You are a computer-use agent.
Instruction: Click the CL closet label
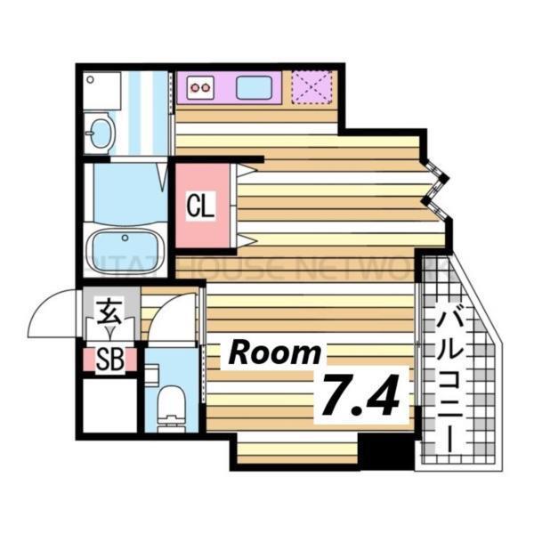(x=201, y=206)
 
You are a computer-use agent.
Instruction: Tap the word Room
(x=275, y=352)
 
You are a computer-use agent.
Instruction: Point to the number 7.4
(x=364, y=395)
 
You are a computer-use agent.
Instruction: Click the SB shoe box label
(x=109, y=361)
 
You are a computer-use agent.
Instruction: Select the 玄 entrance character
(x=109, y=313)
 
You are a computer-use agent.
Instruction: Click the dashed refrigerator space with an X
(x=312, y=86)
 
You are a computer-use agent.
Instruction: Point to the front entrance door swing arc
(x=52, y=316)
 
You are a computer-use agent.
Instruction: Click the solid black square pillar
(x=386, y=453)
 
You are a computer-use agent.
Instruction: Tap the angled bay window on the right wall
(x=437, y=188)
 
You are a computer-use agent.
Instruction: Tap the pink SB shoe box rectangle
(x=109, y=361)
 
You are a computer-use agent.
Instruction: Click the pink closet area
(x=204, y=207)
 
